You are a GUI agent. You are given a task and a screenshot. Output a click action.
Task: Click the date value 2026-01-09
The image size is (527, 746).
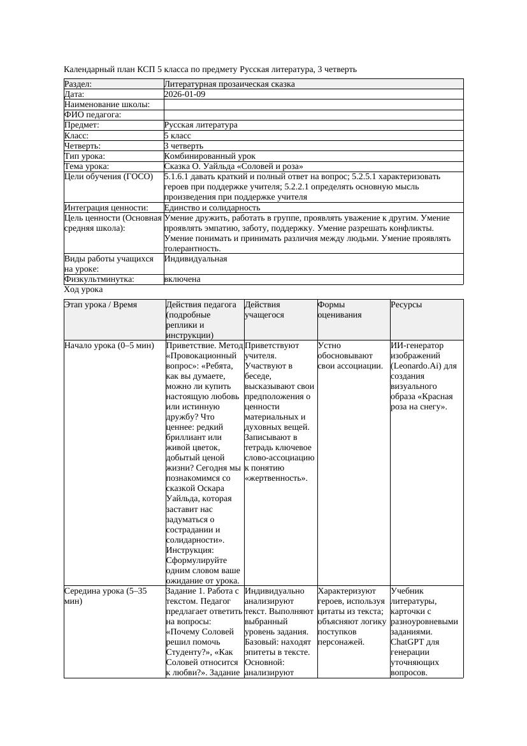coord(185,94)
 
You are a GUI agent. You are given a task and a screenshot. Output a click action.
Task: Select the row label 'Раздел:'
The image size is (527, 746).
coord(78,84)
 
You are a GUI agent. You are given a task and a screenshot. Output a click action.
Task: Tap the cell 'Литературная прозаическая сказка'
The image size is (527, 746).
coord(229,84)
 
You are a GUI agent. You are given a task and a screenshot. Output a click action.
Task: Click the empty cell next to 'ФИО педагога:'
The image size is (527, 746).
coord(313,115)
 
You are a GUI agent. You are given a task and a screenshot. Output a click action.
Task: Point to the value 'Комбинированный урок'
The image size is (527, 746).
coord(210,156)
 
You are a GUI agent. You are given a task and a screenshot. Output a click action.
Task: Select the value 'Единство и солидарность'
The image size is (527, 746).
coord(212,208)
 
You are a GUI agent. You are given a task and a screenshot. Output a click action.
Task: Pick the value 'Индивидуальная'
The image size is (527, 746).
coord(196,259)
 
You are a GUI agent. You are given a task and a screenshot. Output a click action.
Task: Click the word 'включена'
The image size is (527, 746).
coord(182,279)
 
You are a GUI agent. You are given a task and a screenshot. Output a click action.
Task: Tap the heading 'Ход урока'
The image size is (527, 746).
coord(83,289)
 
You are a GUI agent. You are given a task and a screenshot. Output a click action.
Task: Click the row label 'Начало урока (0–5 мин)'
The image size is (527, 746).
coord(109,346)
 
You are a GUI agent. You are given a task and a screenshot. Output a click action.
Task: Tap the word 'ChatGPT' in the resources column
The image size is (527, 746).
coord(408,641)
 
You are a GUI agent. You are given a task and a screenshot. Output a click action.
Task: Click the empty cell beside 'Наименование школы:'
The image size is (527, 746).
coord(313,105)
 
